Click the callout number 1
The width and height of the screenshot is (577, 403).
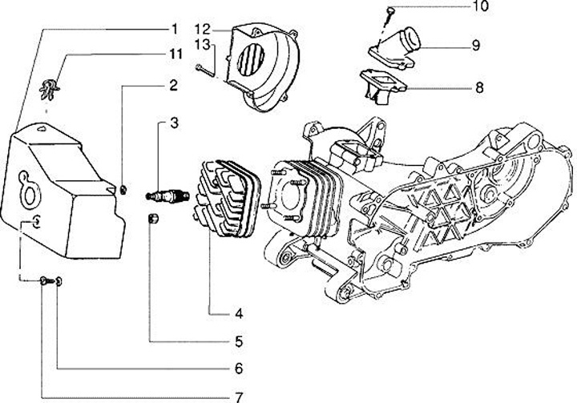point(172,30)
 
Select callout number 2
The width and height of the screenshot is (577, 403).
point(172,84)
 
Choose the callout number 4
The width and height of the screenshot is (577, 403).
point(239,313)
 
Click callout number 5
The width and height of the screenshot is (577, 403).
point(239,341)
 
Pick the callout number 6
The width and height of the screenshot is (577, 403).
point(239,369)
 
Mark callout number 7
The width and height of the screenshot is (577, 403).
point(239,397)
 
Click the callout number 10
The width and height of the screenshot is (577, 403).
point(478,8)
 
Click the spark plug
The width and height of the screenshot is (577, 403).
point(167,195)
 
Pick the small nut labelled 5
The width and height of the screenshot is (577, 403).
point(152,220)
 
